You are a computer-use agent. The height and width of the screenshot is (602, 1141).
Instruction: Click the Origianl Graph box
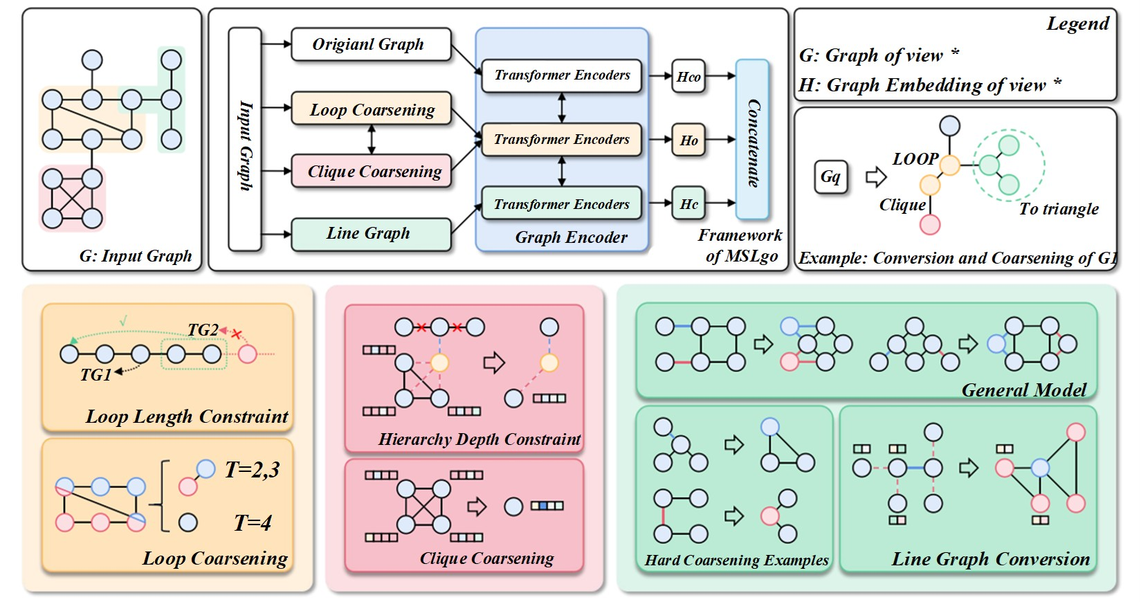click(370, 45)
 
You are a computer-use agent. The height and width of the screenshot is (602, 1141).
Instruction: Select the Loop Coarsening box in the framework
click(371, 109)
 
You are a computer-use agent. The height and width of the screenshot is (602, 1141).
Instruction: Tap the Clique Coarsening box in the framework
click(371, 172)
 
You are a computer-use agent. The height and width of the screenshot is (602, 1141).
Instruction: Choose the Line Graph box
click(370, 234)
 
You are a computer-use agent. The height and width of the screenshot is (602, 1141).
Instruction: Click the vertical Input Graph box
click(245, 139)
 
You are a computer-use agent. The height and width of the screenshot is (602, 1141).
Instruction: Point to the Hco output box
click(688, 76)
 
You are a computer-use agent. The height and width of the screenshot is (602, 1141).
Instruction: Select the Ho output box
click(688, 140)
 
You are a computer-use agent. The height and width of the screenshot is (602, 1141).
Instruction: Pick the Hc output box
click(688, 204)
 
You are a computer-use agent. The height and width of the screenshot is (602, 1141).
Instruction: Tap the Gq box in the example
click(830, 177)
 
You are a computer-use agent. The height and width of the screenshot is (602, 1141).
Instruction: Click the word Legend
click(1077, 24)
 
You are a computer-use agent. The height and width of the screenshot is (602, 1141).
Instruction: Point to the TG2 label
click(203, 330)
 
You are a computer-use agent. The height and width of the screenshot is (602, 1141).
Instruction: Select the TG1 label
click(95, 375)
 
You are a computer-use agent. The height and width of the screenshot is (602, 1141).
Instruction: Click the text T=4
click(253, 522)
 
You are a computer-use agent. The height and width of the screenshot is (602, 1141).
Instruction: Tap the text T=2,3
click(252, 471)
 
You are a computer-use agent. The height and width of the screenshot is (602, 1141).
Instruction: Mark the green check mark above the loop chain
click(123, 321)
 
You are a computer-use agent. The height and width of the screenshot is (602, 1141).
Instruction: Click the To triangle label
click(1058, 209)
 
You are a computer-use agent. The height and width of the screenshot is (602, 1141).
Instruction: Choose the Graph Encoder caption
click(571, 238)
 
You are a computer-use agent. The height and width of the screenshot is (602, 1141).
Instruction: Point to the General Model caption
click(1023, 390)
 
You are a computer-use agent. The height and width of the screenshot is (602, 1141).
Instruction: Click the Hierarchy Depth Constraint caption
click(479, 439)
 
